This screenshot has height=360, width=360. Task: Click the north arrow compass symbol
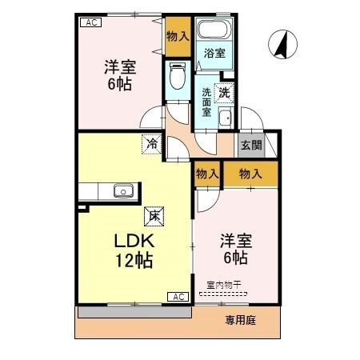pyautogui.click(x=281, y=45)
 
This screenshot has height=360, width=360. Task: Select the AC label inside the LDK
pyautogui.click(x=178, y=297)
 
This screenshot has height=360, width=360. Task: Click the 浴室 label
pyautogui.click(x=213, y=54)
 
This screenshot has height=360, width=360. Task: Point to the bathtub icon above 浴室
pyautogui.click(x=214, y=32)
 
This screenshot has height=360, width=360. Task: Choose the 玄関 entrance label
pyautogui.click(x=250, y=145)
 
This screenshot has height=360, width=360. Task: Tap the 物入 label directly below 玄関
pyautogui.click(x=250, y=173)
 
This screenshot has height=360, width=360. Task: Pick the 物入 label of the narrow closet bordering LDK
pyautogui.click(x=206, y=173)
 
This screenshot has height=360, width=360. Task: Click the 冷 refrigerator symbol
pyautogui.click(x=151, y=144)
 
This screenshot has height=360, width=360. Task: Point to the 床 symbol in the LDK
pyautogui.click(x=151, y=215)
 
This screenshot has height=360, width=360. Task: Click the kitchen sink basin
pyautogui.click(x=122, y=190)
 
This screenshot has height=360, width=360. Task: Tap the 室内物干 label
pyautogui.click(x=222, y=286)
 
